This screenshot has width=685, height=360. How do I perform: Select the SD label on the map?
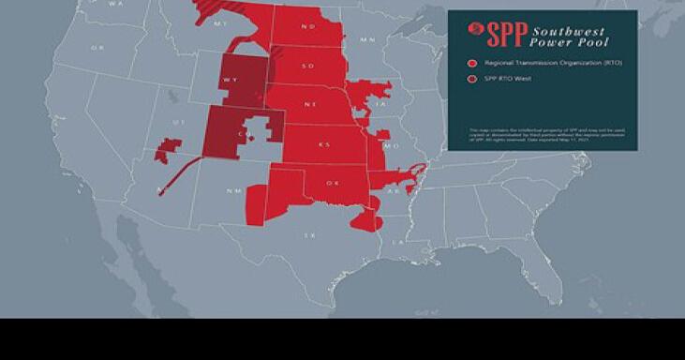(308, 67)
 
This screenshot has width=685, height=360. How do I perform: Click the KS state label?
(324, 146)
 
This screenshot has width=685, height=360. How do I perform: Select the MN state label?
(367, 40)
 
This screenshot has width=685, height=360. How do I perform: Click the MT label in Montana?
(220, 22)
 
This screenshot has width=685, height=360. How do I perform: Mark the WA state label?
(116, 4)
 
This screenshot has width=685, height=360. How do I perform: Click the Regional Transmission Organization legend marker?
(472, 64)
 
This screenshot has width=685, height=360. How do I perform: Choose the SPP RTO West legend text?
(510, 78)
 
